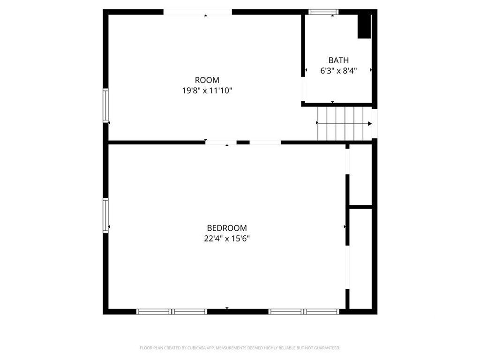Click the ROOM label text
click(207, 80)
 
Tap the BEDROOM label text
click(227, 228)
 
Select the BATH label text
click(338, 60)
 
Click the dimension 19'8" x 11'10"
click(207, 90)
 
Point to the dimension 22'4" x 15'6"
click(227, 239)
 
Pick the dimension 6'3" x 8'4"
click(338, 71)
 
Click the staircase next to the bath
click(345, 123)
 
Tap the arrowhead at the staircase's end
click(370, 124)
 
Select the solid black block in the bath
click(364, 27)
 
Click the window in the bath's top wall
click(323, 12)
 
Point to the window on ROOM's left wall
click(105, 105)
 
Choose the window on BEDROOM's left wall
click(105, 215)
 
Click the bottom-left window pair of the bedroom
click(172, 312)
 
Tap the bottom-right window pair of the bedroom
click(304, 312)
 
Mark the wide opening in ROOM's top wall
click(198, 12)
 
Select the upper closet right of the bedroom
click(360, 174)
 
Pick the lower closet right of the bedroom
click(360, 259)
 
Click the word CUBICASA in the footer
click(196, 348)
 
